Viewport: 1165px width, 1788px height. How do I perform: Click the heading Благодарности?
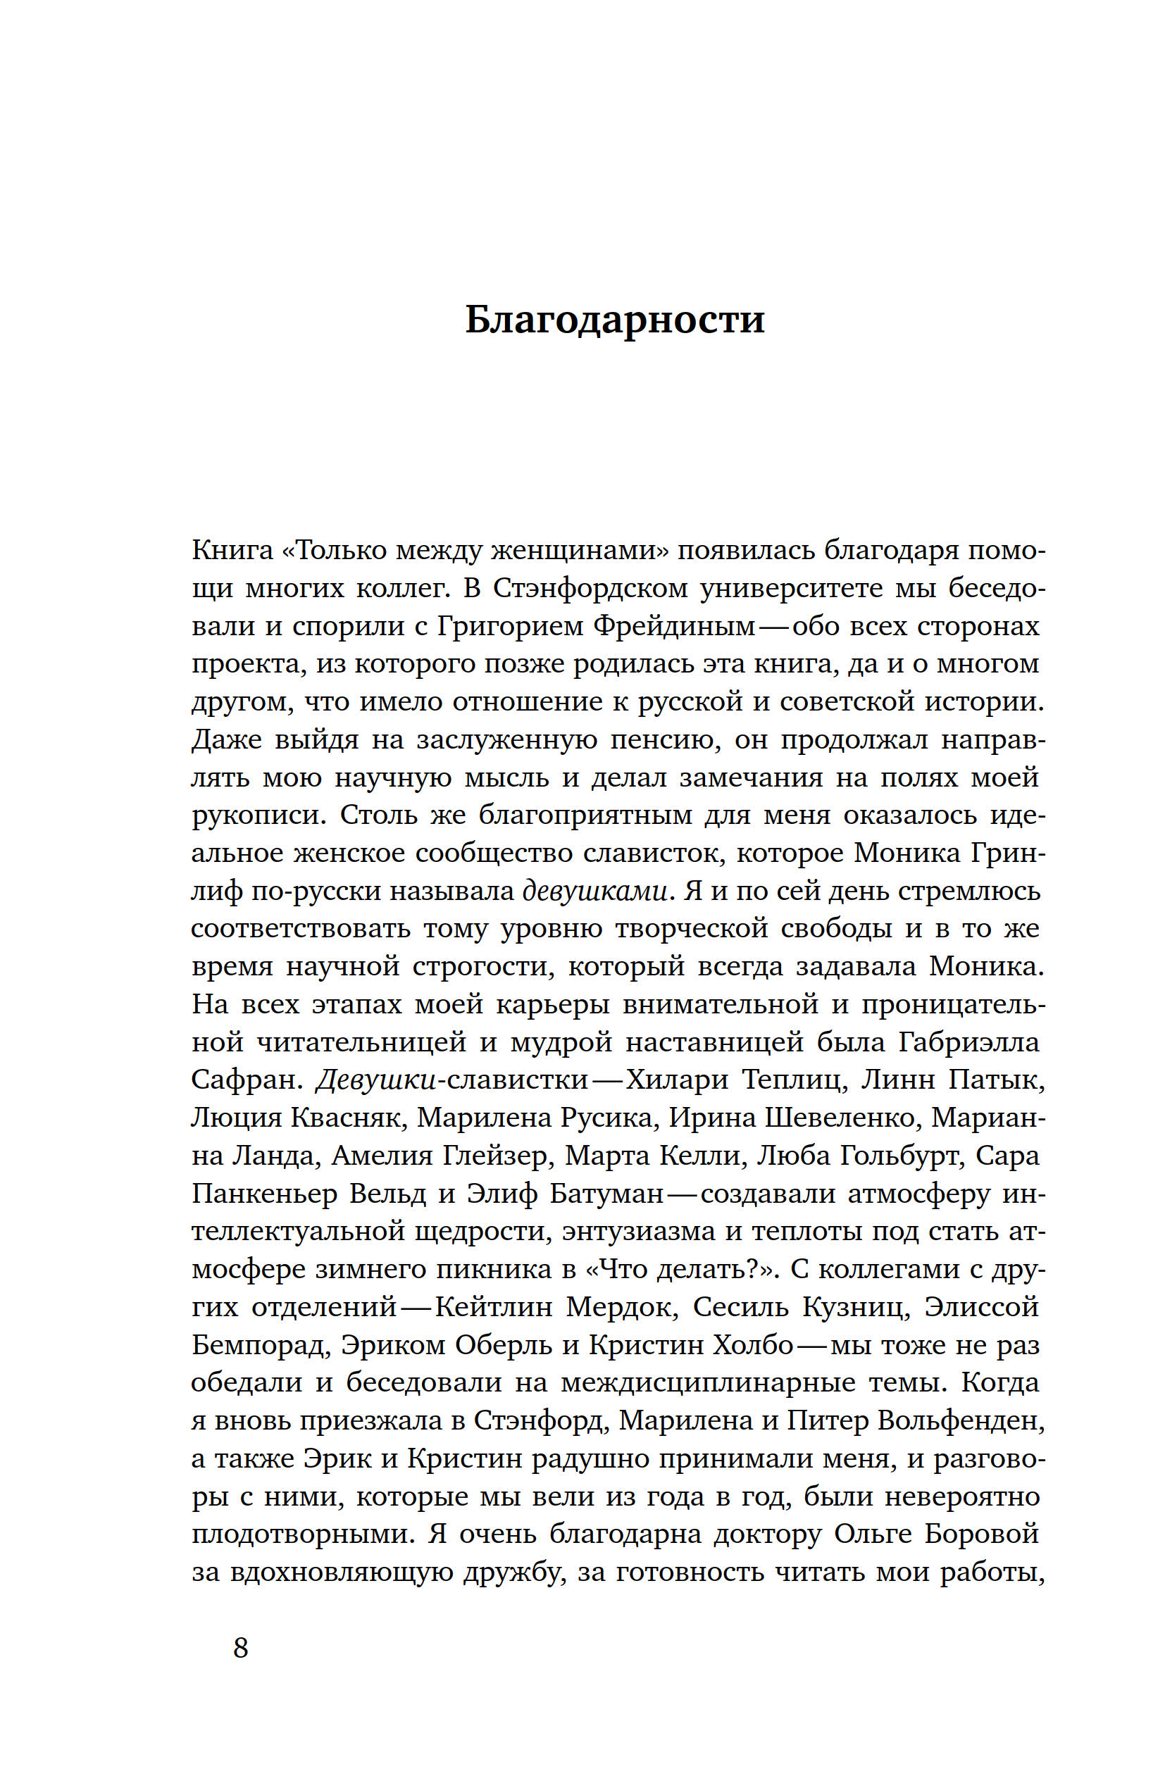(x=614, y=319)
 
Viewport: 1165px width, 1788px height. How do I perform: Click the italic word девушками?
(x=594, y=891)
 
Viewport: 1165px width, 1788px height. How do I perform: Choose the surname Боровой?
(x=981, y=1533)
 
